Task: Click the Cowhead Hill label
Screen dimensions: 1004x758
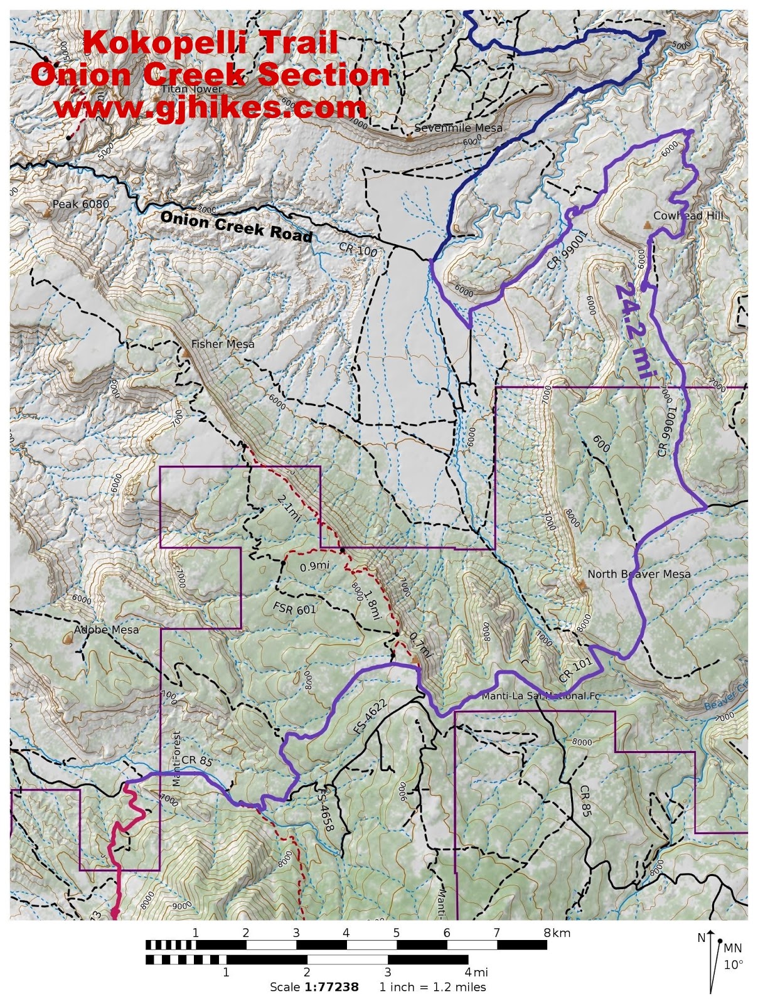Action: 688,216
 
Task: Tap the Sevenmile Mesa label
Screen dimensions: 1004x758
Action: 458,128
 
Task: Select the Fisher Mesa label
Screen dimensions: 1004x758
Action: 223,344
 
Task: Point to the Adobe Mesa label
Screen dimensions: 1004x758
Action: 107,630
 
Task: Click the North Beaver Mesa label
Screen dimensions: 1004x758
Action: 639,574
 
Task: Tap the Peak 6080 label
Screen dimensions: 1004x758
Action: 80,204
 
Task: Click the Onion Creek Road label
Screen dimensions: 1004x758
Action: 236,225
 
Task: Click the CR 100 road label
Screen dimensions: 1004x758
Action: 358,247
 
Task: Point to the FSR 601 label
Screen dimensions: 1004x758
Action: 294,608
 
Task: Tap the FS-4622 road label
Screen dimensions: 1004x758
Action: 370,715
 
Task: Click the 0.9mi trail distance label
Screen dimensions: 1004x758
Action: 314,566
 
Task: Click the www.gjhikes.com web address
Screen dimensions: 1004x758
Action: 210,107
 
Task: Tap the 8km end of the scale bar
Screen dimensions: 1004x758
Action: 557,933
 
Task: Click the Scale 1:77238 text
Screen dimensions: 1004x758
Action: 314,987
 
